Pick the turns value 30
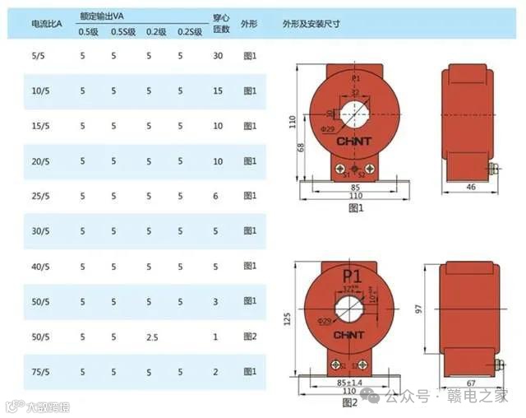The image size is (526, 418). click(218, 56)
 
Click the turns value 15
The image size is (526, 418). click(218, 91)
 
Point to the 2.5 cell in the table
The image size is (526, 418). click(152, 337)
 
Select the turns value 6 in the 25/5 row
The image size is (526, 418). click(215, 197)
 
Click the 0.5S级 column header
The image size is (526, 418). click(122, 32)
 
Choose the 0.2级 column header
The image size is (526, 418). click(156, 32)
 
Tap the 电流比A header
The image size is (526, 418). click(44, 25)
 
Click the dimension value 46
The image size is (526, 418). click(470, 188)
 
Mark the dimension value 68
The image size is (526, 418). click(300, 147)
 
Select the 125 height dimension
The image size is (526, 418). click(287, 318)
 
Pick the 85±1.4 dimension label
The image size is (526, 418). click(350, 383)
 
